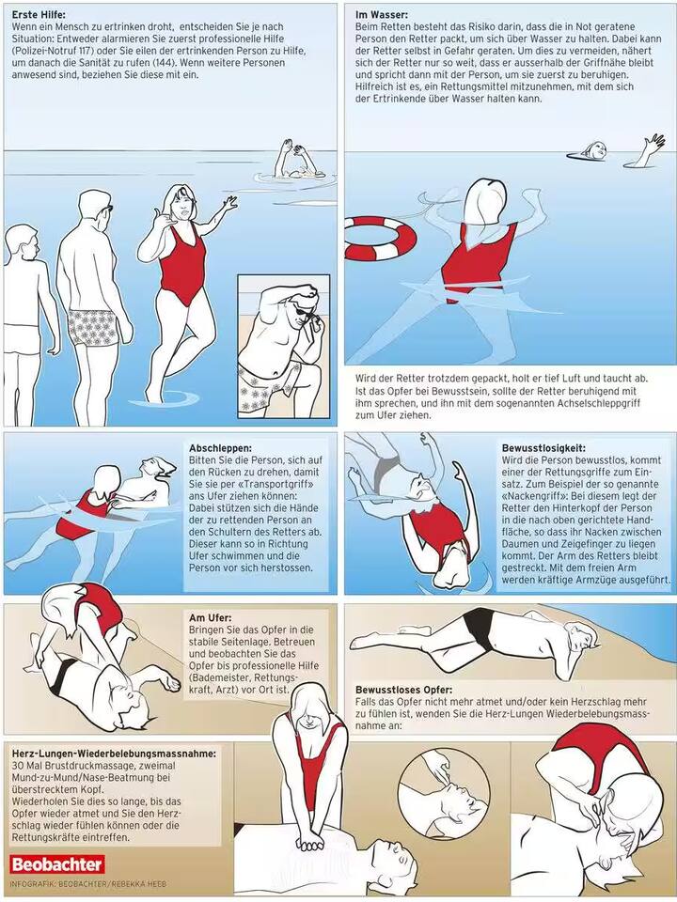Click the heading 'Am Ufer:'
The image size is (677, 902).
point(210,617)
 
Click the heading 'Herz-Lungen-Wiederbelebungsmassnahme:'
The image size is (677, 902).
point(114,754)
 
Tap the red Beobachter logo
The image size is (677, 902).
point(57,864)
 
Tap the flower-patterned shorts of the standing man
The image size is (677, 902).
point(99,325)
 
